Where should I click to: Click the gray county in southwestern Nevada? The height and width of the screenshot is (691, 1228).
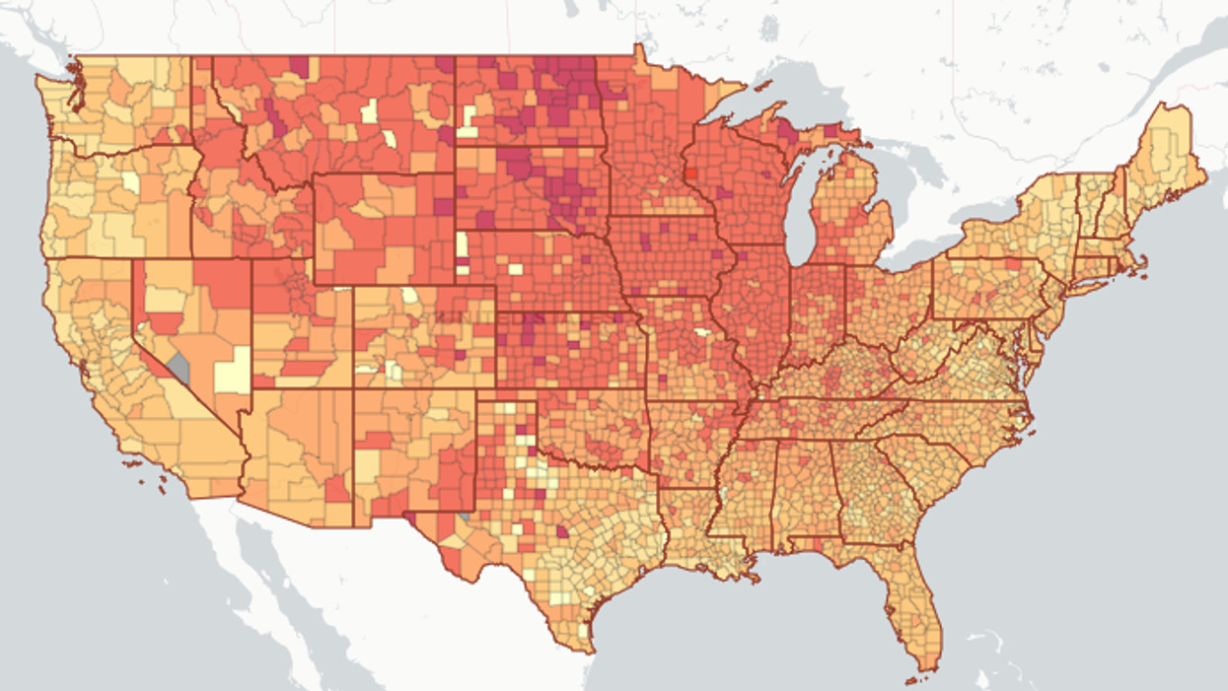click(179, 369)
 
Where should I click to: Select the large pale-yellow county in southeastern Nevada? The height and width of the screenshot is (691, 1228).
click(235, 372)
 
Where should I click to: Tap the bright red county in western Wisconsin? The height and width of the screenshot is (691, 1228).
click(690, 173)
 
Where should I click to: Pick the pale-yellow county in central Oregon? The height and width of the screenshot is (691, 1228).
click(130, 182)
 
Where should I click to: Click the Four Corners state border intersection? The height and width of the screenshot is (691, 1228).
click(353, 388)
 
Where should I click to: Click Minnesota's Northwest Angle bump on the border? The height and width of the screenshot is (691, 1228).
click(638, 48)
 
